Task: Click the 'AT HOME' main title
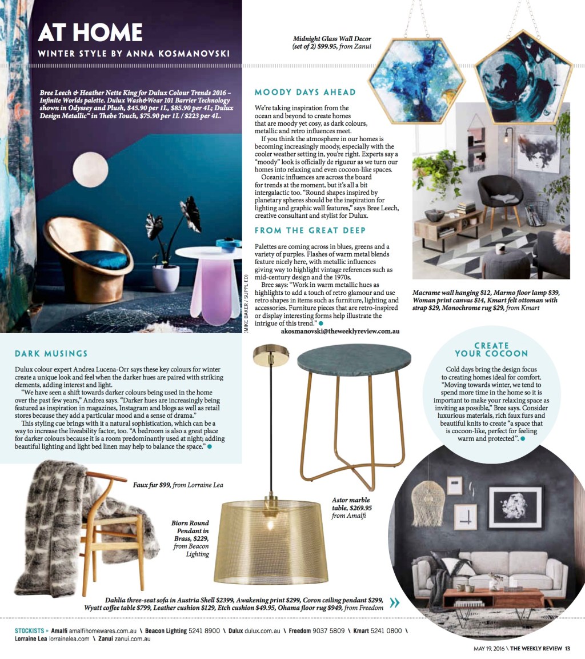(x=90, y=32)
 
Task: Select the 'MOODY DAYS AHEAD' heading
(x=305, y=92)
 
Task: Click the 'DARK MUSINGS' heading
(x=51, y=354)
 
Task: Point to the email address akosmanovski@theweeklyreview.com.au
(x=340, y=331)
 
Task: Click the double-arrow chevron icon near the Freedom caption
(x=394, y=602)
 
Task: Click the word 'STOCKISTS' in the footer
(x=31, y=631)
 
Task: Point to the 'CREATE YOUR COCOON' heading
(x=491, y=349)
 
